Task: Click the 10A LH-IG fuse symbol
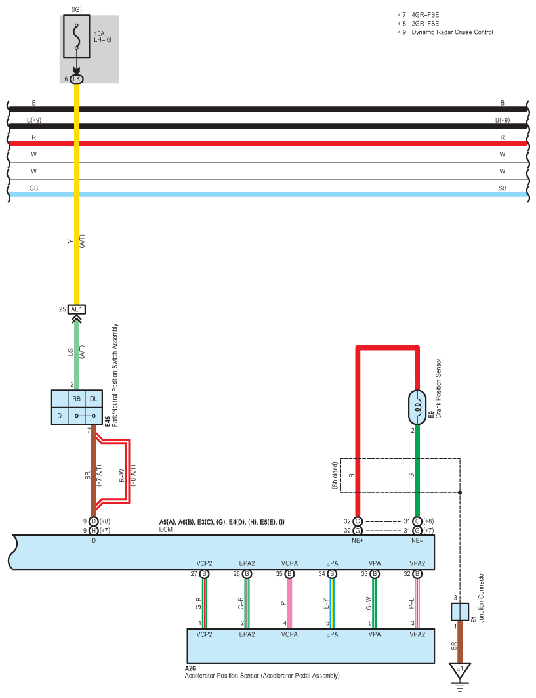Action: [x=77, y=41]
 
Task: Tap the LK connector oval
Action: [x=77, y=79]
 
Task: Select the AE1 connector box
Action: [x=77, y=309]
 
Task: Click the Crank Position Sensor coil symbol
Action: [x=417, y=407]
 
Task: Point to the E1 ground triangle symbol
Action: [x=459, y=670]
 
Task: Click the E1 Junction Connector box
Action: [x=459, y=612]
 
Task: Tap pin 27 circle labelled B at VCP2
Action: [x=204, y=574]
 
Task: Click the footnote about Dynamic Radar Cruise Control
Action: [x=446, y=32]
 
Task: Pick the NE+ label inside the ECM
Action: [x=358, y=541]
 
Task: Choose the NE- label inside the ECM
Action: [x=417, y=541]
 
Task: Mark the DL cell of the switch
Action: [x=93, y=399]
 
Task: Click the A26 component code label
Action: [x=191, y=668]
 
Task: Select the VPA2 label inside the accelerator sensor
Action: [x=417, y=635]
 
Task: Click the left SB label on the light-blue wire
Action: [x=34, y=188]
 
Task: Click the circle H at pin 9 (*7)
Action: [x=94, y=530]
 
